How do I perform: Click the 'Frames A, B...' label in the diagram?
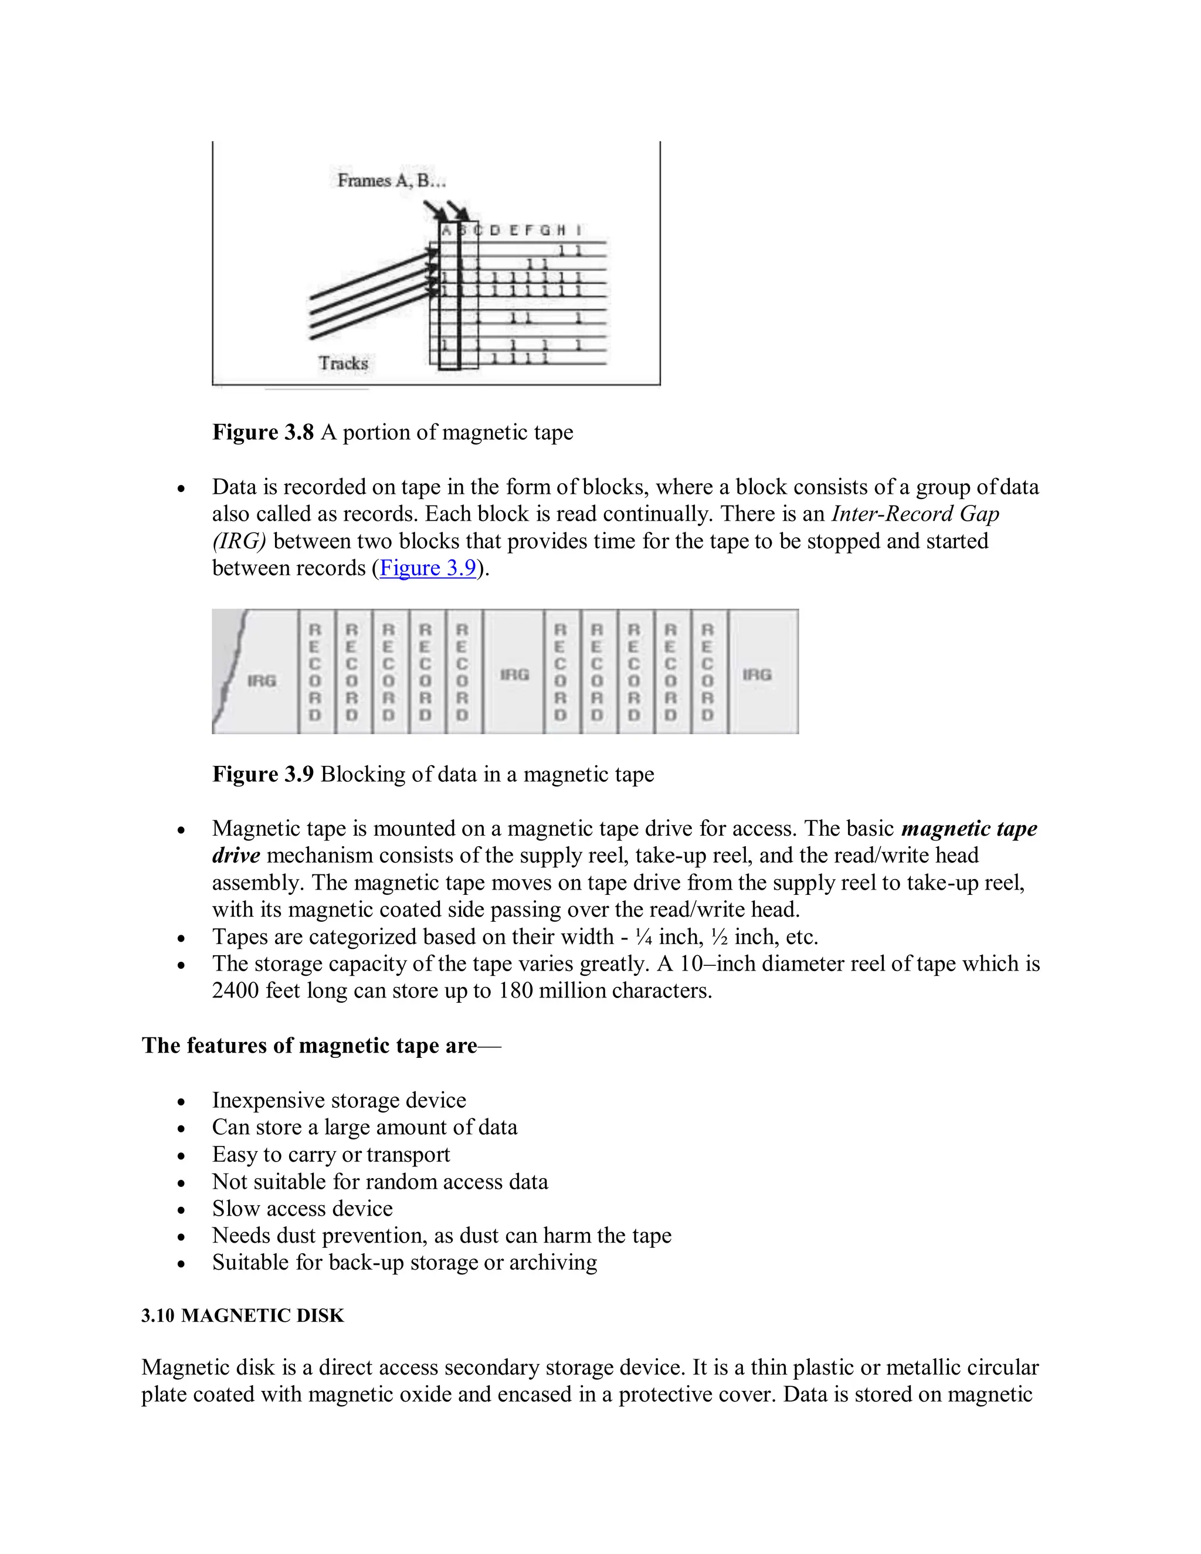[x=391, y=181]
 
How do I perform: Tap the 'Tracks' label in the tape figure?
[x=343, y=364]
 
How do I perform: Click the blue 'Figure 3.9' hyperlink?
[x=428, y=568]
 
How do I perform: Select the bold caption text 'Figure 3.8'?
[x=263, y=433]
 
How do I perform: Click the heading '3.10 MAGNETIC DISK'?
[x=243, y=1316]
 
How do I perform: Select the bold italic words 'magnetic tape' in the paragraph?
[x=969, y=829]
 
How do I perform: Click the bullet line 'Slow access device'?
[x=303, y=1209]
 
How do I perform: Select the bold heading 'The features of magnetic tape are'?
[x=310, y=1046]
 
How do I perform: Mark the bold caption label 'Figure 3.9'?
[x=263, y=774]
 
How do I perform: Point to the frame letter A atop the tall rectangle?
[x=446, y=230]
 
